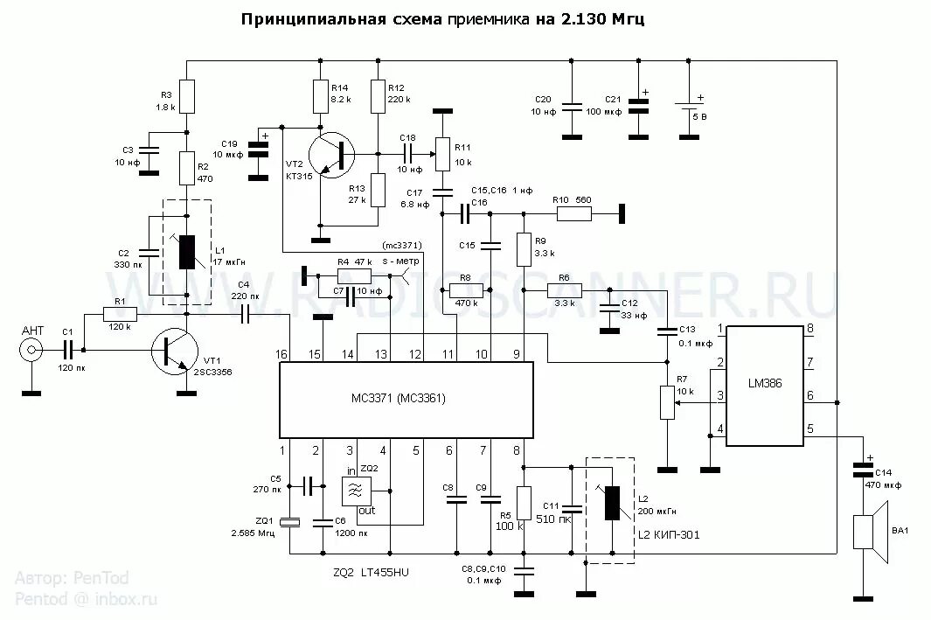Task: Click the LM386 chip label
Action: point(766,382)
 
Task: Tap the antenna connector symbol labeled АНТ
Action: point(32,351)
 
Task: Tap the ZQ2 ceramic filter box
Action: point(356,491)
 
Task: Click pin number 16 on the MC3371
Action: point(281,353)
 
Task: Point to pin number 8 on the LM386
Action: point(810,330)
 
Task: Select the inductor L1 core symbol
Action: point(187,252)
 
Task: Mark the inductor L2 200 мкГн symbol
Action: point(613,505)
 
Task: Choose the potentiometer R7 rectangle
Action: point(667,402)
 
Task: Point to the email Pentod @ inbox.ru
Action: point(86,599)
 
